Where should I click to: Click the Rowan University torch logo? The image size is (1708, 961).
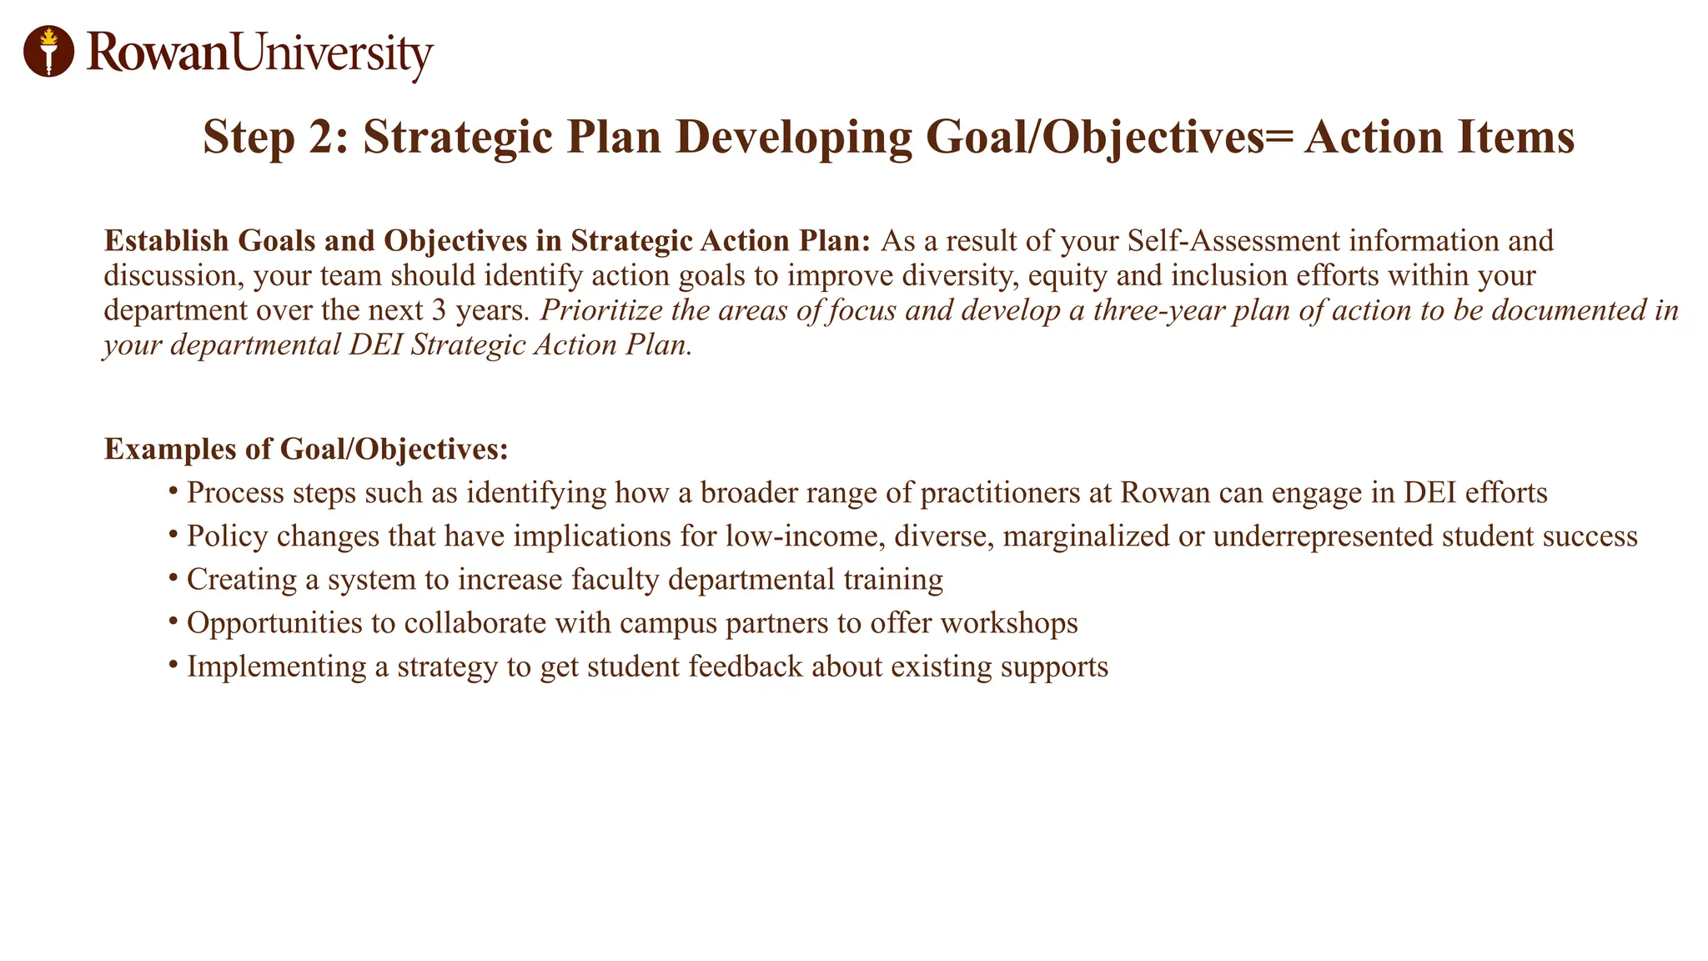click(48, 51)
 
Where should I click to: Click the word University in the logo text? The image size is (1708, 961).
click(332, 53)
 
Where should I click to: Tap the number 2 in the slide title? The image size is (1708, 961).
click(321, 138)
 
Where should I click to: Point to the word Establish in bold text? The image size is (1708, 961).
click(166, 241)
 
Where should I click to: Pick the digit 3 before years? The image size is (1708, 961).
click(440, 310)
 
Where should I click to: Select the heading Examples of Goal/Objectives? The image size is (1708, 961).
click(306, 450)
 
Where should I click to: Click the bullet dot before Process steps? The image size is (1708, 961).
click(173, 491)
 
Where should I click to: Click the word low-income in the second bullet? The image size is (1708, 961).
click(804, 536)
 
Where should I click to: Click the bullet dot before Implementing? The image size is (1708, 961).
click(173, 665)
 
